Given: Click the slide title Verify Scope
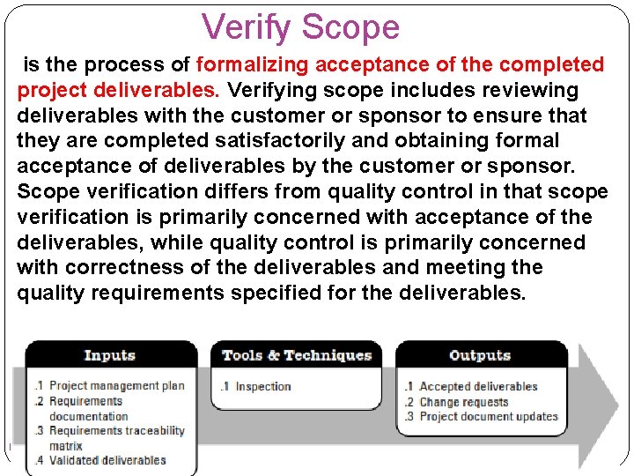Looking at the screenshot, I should (300, 27).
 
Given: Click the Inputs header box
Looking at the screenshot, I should (110, 356).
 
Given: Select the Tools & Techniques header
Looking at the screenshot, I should (297, 356).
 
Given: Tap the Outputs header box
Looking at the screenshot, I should (480, 356).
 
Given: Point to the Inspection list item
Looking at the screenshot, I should (262, 386).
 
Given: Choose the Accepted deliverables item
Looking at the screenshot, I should (478, 386).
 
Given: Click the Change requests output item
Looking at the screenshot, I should (464, 401).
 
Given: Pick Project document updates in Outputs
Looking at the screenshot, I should (489, 416).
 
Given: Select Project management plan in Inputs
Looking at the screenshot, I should (117, 386).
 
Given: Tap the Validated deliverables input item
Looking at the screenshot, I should (107, 460).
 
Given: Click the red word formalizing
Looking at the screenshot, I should (253, 65).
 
